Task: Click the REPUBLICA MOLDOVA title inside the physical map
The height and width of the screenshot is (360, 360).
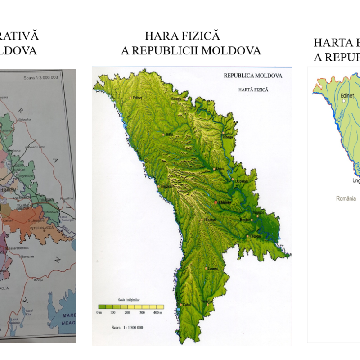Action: pyautogui.click(x=253, y=76)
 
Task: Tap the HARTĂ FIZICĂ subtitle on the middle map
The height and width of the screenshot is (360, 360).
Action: pyautogui.click(x=253, y=90)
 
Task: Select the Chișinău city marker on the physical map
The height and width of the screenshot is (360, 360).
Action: pyautogui.click(x=216, y=202)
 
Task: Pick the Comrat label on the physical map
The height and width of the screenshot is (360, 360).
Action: pyautogui.click(x=212, y=269)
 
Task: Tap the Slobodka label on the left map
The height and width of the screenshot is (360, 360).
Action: pyautogui.click(x=24, y=119)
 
